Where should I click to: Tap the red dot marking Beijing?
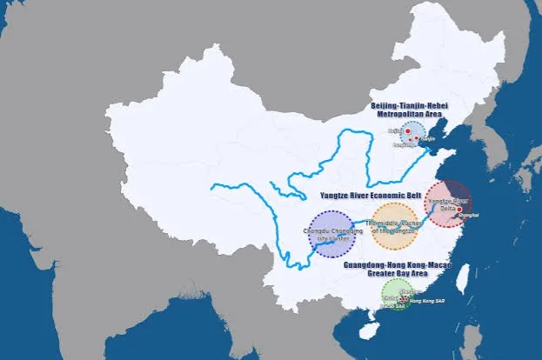tap(406, 131)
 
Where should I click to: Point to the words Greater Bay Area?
tap(393, 272)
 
